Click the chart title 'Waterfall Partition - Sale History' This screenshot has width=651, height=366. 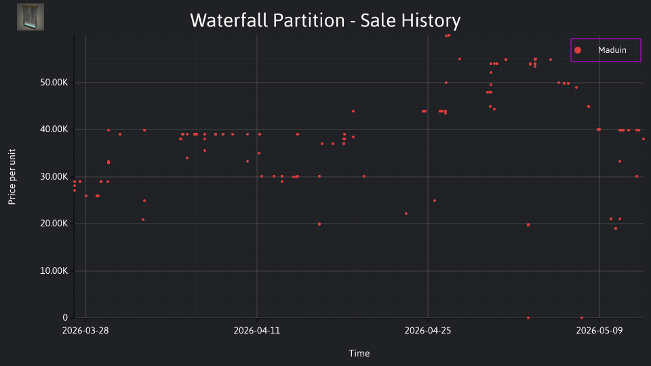(x=325, y=20)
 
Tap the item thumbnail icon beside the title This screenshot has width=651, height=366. (x=31, y=17)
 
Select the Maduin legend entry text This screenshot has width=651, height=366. (x=612, y=49)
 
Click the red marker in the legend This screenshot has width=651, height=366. (x=578, y=50)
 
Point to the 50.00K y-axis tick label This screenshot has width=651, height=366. (x=54, y=83)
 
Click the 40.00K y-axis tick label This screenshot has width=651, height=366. (x=54, y=129)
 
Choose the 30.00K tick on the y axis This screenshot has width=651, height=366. (x=54, y=177)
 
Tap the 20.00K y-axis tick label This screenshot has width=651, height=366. (x=54, y=224)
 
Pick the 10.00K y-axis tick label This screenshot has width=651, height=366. (x=54, y=271)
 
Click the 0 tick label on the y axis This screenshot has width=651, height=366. (x=65, y=317)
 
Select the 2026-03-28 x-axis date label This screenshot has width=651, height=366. (x=85, y=330)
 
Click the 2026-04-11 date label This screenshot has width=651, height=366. (x=257, y=330)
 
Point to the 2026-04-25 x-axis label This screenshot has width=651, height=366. (x=428, y=330)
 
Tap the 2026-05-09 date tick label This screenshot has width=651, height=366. (x=599, y=330)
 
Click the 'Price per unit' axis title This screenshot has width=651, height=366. (x=12, y=177)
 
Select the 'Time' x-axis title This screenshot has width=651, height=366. (x=359, y=353)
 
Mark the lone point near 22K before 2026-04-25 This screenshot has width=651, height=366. (x=406, y=213)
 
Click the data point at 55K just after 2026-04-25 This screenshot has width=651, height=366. (x=460, y=59)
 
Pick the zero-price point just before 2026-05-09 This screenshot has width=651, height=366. (x=582, y=318)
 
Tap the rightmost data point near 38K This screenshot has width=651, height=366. (x=644, y=139)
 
